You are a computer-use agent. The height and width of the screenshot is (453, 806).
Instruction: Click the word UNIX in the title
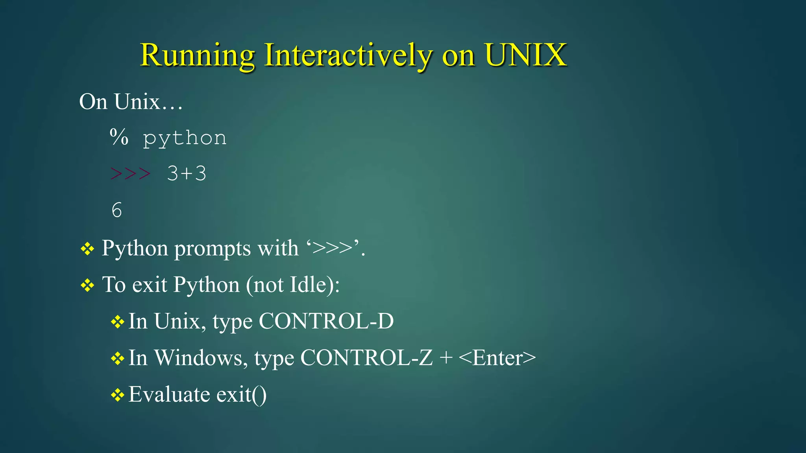click(x=526, y=55)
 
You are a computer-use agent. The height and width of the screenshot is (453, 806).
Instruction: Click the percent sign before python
click(x=119, y=137)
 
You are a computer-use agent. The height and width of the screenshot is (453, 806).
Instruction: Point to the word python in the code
click(x=185, y=138)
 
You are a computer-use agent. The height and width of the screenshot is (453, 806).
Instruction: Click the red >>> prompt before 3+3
click(x=130, y=173)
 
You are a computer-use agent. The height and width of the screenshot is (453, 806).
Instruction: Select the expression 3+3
click(x=187, y=173)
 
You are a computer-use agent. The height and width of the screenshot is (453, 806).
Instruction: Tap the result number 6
click(x=116, y=210)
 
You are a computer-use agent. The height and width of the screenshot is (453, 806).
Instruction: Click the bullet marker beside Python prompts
click(x=87, y=249)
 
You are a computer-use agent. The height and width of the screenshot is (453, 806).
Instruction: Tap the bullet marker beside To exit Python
click(x=87, y=285)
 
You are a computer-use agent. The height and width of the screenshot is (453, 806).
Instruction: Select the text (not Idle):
click(x=293, y=285)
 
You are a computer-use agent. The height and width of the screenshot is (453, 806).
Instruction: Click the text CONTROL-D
click(x=326, y=321)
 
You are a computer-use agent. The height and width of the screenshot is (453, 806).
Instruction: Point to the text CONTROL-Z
click(x=366, y=358)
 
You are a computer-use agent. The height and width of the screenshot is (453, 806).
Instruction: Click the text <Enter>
click(x=497, y=358)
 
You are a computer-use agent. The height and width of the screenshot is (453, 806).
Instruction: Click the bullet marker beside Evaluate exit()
click(x=117, y=395)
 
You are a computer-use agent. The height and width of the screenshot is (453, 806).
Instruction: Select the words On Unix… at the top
click(x=131, y=101)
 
